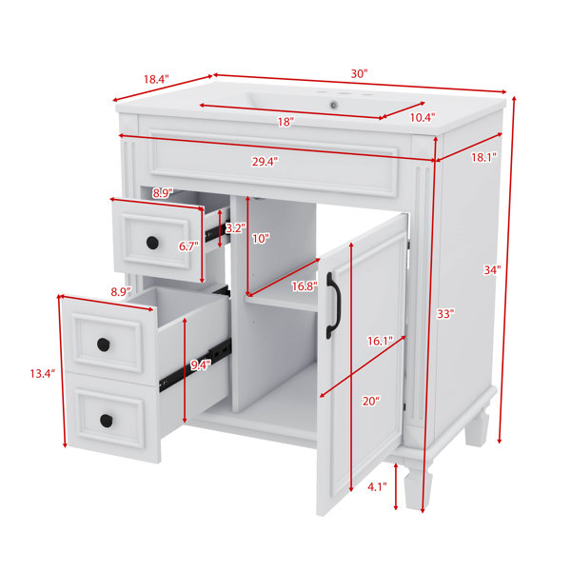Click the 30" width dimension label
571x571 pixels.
(360, 74)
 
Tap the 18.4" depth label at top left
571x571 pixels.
(156, 79)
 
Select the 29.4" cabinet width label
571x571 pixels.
(266, 162)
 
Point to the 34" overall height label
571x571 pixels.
(492, 270)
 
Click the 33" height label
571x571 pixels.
(445, 313)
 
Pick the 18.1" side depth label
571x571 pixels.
(484, 157)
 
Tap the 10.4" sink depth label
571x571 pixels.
(423, 117)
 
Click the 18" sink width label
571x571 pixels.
(285, 122)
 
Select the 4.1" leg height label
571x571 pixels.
(377, 487)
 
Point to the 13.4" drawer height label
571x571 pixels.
(43, 373)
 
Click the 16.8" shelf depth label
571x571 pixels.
(305, 286)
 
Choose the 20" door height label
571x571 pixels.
(371, 401)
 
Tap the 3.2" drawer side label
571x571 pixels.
(235, 228)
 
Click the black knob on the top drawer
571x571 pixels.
(152, 243)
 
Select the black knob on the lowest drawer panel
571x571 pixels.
(107, 421)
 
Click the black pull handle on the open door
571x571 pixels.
(332, 305)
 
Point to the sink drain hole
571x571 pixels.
(334, 106)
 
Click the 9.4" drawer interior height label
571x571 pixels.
(200, 364)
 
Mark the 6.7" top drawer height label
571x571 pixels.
(188, 246)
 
